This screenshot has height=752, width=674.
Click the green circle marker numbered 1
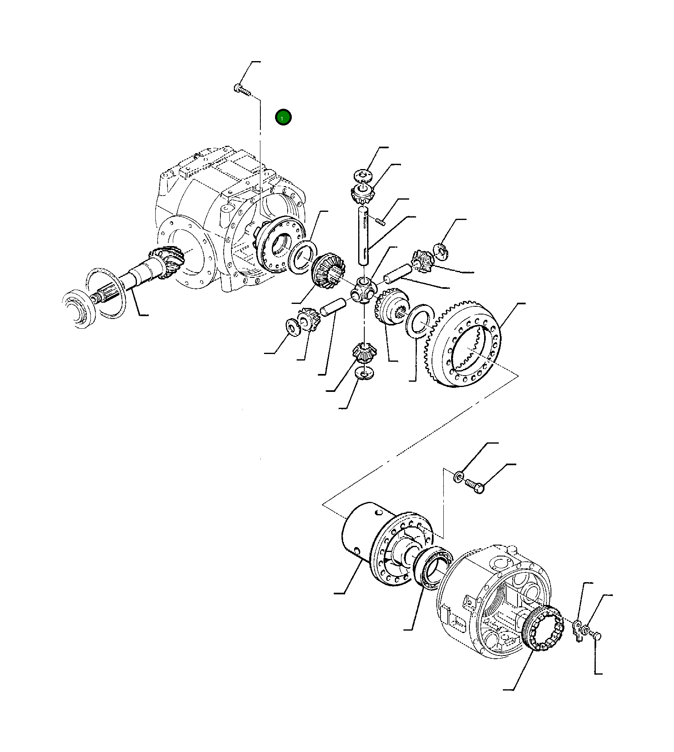point(283,117)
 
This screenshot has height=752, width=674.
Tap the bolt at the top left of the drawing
point(242,90)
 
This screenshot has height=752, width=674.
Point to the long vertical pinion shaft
point(364,236)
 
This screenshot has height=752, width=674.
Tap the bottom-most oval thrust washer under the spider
point(364,373)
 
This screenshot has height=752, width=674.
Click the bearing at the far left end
point(79,308)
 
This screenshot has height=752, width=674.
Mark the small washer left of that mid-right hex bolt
point(458,476)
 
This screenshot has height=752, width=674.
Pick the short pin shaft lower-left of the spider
point(333,306)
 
